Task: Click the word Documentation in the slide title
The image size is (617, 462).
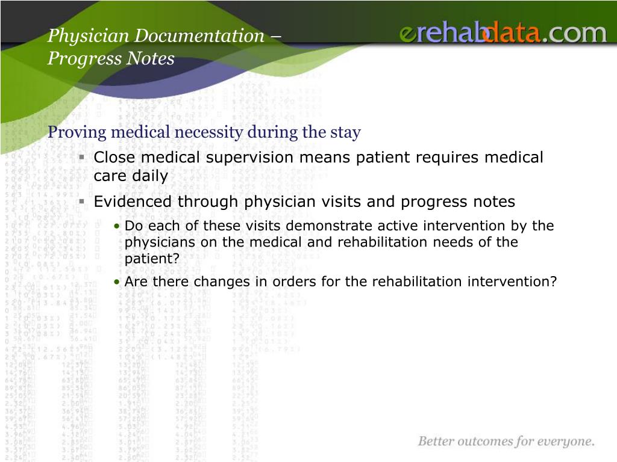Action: (199, 35)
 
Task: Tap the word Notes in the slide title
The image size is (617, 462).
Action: (151, 58)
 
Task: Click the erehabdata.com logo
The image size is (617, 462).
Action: (503, 32)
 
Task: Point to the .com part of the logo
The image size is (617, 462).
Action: (574, 34)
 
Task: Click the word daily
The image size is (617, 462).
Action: (150, 176)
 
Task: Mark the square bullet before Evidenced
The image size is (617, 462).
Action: (82, 202)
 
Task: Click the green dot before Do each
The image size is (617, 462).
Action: (116, 226)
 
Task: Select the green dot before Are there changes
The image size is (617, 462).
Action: (116, 282)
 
